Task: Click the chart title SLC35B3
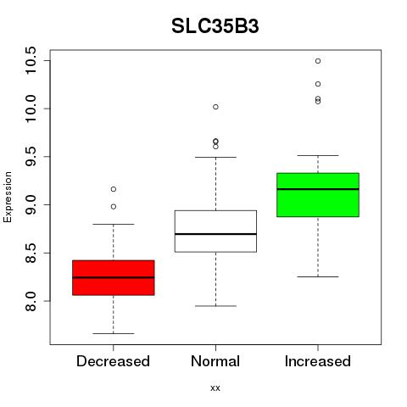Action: click(x=215, y=26)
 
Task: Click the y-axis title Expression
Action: click(x=8, y=197)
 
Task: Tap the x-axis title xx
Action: click(x=215, y=387)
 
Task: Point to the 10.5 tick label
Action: click(x=30, y=60)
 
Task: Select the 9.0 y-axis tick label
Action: click(x=30, y=204)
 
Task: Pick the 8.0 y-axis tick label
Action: click(x=30, y=301)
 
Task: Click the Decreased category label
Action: click(x=113, y=361)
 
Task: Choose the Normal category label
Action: click(x=215, y=361)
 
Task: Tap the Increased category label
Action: click(x=318, y=361)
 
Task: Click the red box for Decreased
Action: click(x=114, y=277)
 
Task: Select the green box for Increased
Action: click(x=318, y=195)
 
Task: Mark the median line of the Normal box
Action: click(x=215, y=234)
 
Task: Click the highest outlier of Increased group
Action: click(x=318, y=61)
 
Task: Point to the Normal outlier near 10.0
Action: click(x=215, y=107)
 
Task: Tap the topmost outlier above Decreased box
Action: click(x=114, y=189)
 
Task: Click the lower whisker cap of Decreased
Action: click(x=114, y=333)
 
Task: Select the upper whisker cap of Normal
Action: click(x=215, y=157)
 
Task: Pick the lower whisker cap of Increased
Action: click(x=318, y=276)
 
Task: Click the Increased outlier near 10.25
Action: click(x=318, y=84)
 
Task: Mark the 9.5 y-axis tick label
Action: click(x=30, y=157)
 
